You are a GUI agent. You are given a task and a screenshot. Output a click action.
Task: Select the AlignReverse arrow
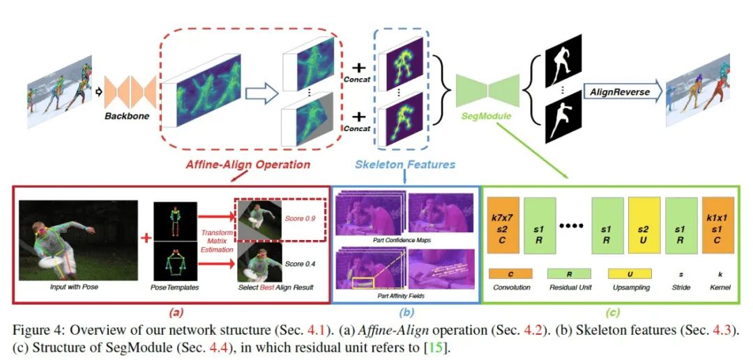[618, 92]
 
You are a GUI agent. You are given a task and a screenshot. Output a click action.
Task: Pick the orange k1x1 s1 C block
[720, 226]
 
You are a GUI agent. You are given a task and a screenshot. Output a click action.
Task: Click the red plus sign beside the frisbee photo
[147, 238]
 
